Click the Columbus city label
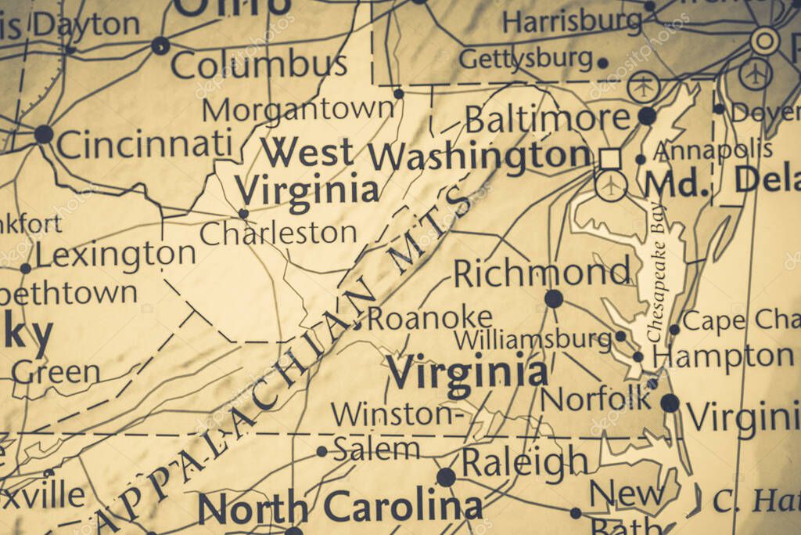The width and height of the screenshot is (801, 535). coord(258,65)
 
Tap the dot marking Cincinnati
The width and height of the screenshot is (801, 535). coord(44,134)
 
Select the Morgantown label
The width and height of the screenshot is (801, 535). coord(298,110)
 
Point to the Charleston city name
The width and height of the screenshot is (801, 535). coord(278,233)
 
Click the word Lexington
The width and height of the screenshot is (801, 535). coord(115,255)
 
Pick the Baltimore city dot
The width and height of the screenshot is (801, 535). coord(647,116)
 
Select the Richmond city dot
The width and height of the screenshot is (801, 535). coord(554,298)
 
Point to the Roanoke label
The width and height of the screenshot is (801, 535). coord(430,318)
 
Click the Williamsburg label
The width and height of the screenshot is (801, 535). coord(533,340)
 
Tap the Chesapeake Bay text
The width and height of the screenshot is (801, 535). coord(656,290)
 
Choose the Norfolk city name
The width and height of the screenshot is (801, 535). coord(596,399)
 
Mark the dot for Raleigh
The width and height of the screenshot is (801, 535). coord(446,477)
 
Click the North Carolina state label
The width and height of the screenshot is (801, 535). coord(339,508)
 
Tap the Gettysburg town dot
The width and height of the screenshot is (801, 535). coord(602,63)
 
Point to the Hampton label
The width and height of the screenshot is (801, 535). coord(724,356)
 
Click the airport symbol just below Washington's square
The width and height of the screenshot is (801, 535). coord(610,186)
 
